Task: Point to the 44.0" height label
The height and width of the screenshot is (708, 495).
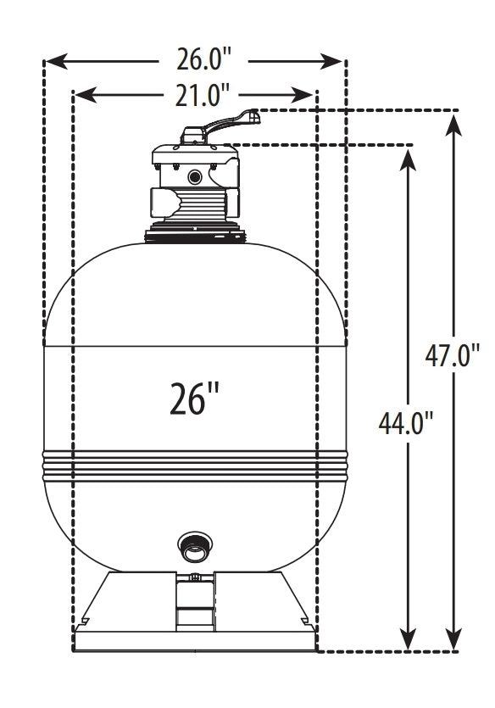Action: point(404,421)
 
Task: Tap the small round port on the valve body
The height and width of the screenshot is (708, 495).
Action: point(196,177)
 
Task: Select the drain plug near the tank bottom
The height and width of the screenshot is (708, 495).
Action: point(194,549)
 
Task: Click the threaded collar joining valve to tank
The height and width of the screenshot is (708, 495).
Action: point(196,232)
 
